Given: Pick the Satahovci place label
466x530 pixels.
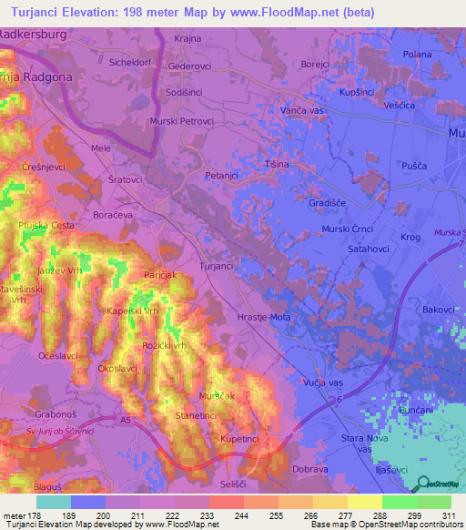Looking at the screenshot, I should point(367,246).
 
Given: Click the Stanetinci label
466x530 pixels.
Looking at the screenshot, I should point(196,416).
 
